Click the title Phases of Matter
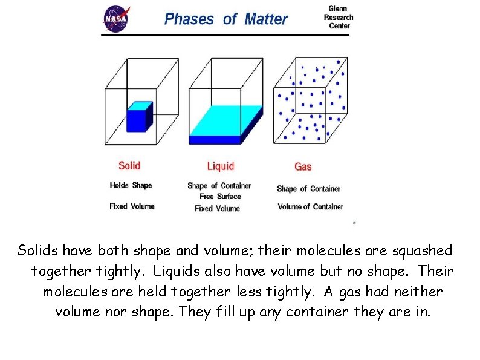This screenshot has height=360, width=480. point(225,19)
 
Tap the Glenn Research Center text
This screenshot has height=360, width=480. point(338,18)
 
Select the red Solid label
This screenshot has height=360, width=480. point(129,165)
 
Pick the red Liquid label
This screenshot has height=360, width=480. point(220,166)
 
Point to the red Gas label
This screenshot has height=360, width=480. point(303,166)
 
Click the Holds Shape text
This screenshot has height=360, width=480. point(131,185)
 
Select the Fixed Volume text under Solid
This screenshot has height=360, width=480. point(132,206)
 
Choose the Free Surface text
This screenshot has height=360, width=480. point(220,196)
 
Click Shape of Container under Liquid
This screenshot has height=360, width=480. point(219,186)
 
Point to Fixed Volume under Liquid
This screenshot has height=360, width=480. point(217,208)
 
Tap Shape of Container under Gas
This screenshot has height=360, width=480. point(308,189)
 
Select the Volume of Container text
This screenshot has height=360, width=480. point(310,206)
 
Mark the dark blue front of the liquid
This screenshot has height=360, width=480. point(215,139)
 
